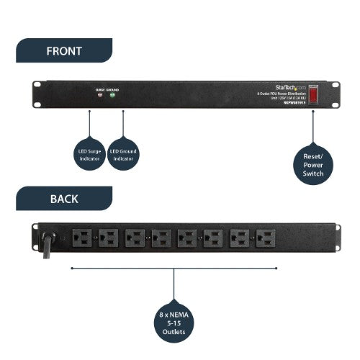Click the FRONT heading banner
click(x=63, y=51)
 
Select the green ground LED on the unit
click(x=112, y=96)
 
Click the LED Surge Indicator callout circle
click(x=89, y=154)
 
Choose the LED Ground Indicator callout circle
click(x=123, y=154)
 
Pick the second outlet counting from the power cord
click(x=108, y=238)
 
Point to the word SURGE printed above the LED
click(x=99, y=89)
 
